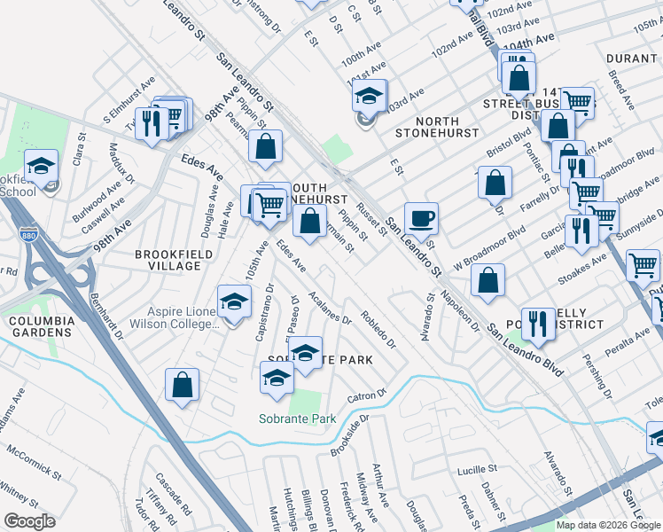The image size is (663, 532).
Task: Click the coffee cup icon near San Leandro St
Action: pos(422,218)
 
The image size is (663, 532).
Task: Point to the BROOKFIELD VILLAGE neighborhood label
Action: pos(168,260)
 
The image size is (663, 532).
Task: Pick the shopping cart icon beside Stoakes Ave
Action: pos(643,264)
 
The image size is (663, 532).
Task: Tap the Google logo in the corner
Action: pos(29,520)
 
